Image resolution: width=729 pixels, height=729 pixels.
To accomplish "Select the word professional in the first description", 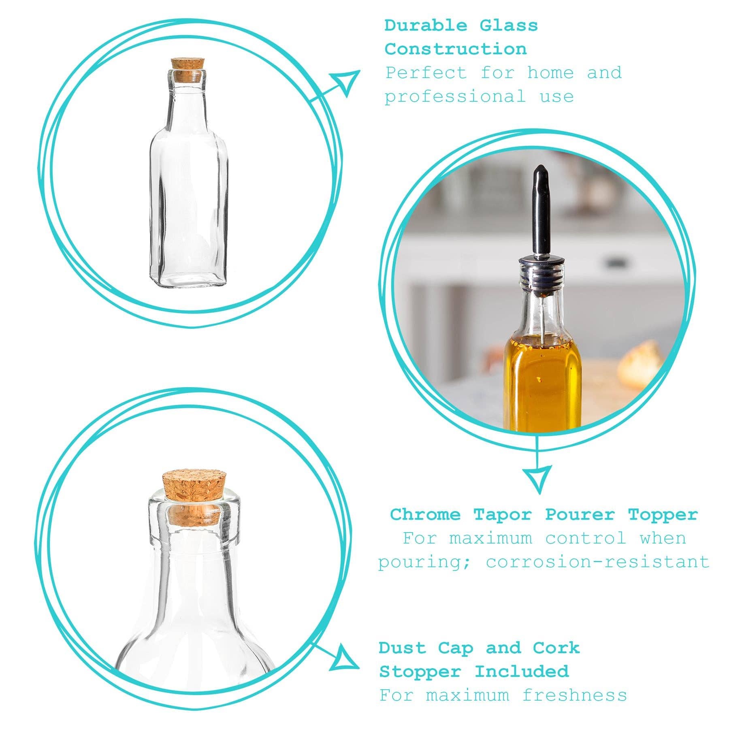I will [x=455, y=97].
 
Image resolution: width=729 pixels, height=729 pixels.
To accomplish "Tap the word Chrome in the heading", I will [x=425, y=515].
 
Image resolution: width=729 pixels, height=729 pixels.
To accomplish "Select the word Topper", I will [x=663, y=515].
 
